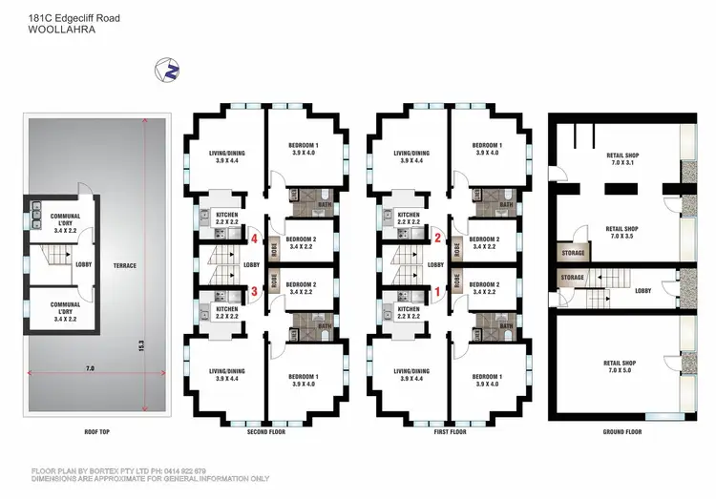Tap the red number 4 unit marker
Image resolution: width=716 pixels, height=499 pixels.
(255, 239)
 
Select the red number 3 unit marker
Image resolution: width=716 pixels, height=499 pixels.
(255, 291)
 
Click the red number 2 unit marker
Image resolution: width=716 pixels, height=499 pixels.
(438, 239)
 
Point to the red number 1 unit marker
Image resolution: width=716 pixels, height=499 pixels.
(438, 291)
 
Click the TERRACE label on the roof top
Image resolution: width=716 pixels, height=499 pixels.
(125, 265)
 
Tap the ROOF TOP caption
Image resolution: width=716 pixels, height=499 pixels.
(96, 432)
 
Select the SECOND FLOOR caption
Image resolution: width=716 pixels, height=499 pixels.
(265, 432)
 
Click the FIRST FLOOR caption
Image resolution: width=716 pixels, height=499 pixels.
(451, 432)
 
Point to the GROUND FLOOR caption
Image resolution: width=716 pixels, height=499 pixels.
(622, 432)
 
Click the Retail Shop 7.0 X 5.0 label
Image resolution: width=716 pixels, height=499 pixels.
(621, 366)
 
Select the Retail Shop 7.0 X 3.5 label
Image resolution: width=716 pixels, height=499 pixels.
(621, 233)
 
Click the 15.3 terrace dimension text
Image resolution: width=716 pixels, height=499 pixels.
(142, 343)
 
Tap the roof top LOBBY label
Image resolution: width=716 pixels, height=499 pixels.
(84, 264)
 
